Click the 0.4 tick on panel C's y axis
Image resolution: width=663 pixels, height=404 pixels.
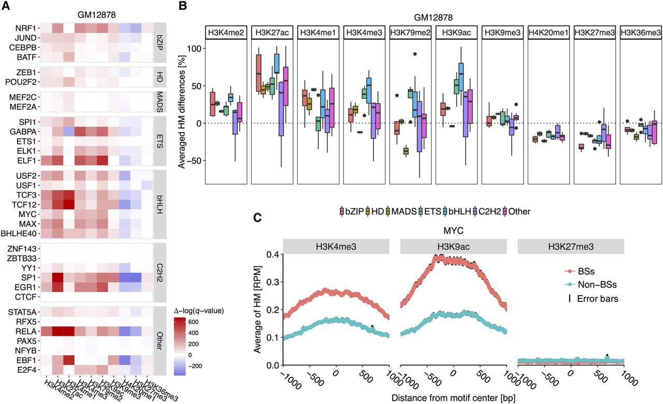tap(273, 254)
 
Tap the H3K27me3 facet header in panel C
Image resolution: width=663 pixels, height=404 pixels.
tap(570, 246)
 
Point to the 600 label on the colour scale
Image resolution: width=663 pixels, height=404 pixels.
tap(185, 321)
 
